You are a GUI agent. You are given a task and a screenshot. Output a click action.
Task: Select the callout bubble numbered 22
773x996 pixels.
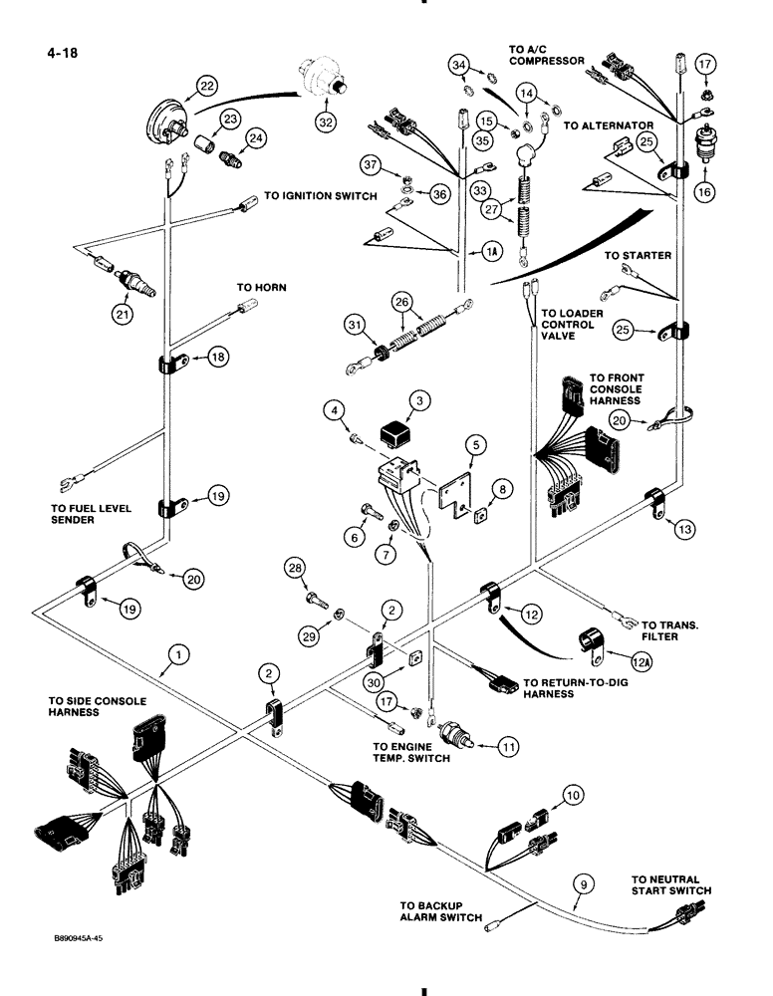click(206, 87)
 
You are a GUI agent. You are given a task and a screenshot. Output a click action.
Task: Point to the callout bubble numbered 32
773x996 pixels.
click(327, 124)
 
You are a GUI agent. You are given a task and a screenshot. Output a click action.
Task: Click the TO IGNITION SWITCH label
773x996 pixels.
click(321, 197)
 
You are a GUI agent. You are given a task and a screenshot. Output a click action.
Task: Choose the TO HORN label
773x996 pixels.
click(261, 287)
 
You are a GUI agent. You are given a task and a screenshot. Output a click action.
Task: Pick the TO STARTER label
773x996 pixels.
click(638, 256)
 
